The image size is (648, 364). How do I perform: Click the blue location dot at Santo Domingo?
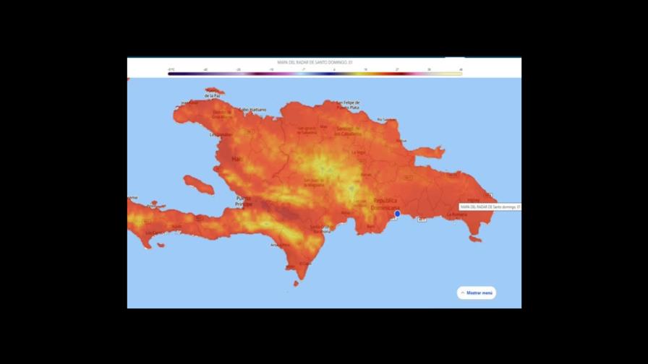point(397,213)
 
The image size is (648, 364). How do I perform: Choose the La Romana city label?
point(456,214)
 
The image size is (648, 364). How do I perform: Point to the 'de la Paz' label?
point(212,95)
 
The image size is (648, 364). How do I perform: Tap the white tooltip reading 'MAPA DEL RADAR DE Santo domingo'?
point(490,207)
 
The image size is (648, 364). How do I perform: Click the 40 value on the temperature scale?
point(461,69)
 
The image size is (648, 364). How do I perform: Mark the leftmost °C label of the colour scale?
point(171,69)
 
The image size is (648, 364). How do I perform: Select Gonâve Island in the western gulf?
point(198,185)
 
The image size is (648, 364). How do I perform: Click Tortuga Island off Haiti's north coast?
point(215,91)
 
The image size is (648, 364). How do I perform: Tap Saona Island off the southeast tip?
point(474,238)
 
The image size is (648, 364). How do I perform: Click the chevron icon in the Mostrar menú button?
point(463,293)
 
